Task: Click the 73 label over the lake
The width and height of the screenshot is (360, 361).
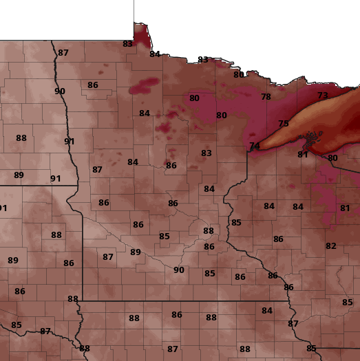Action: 323,96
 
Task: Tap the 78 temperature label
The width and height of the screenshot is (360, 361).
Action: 266,97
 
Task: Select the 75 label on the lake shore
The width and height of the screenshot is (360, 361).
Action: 284,124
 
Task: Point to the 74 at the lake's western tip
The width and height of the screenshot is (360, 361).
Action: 255,146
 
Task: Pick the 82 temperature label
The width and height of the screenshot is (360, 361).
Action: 331,246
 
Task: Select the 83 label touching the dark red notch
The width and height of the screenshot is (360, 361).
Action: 127,44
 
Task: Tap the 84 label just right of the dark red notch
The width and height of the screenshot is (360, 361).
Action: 155,54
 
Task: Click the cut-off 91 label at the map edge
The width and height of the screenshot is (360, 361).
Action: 3,208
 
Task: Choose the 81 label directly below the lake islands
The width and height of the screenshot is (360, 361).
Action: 303,155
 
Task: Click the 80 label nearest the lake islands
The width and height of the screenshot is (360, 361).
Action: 333,158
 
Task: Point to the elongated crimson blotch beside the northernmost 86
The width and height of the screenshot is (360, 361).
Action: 144,86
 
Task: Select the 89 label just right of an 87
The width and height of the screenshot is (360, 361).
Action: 136,252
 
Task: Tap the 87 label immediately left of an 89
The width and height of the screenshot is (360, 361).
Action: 108,257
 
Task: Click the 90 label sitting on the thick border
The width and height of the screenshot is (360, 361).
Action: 60,91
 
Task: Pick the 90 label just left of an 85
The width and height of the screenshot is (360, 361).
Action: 179,270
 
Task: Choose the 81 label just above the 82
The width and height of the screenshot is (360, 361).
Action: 345,208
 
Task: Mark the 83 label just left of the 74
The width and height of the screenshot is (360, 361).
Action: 207,153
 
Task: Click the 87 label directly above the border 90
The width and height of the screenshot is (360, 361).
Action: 63,53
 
